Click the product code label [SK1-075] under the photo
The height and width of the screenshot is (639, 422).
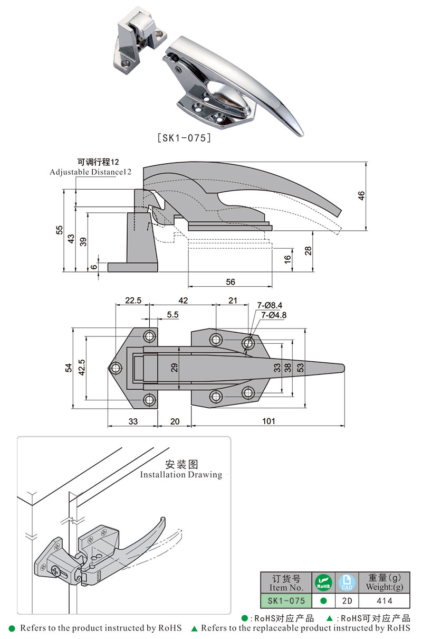click(x=185, y=138)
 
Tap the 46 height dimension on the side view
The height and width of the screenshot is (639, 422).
click(x=361, y=196)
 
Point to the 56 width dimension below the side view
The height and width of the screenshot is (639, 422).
click(x=231, y=281)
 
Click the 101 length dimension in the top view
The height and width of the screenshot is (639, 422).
click(x=268, y=421)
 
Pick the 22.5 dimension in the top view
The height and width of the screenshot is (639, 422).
click(x=132, y=300)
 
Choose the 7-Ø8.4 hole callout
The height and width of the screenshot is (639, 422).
click(x=270, y=305)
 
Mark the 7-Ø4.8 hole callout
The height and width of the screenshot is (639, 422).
click(x=273, y=315)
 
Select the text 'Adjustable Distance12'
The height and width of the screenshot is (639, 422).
click(x=90, y=172)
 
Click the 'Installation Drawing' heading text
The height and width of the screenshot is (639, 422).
click(x=181, y=475)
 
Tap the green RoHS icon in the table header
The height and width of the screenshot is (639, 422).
click(x=323, y=582)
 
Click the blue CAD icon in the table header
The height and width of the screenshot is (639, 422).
click(x=347, y=582)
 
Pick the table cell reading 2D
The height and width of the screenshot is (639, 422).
click(x=347, y=600)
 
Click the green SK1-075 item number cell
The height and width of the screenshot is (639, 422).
click(x=286, y=600)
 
